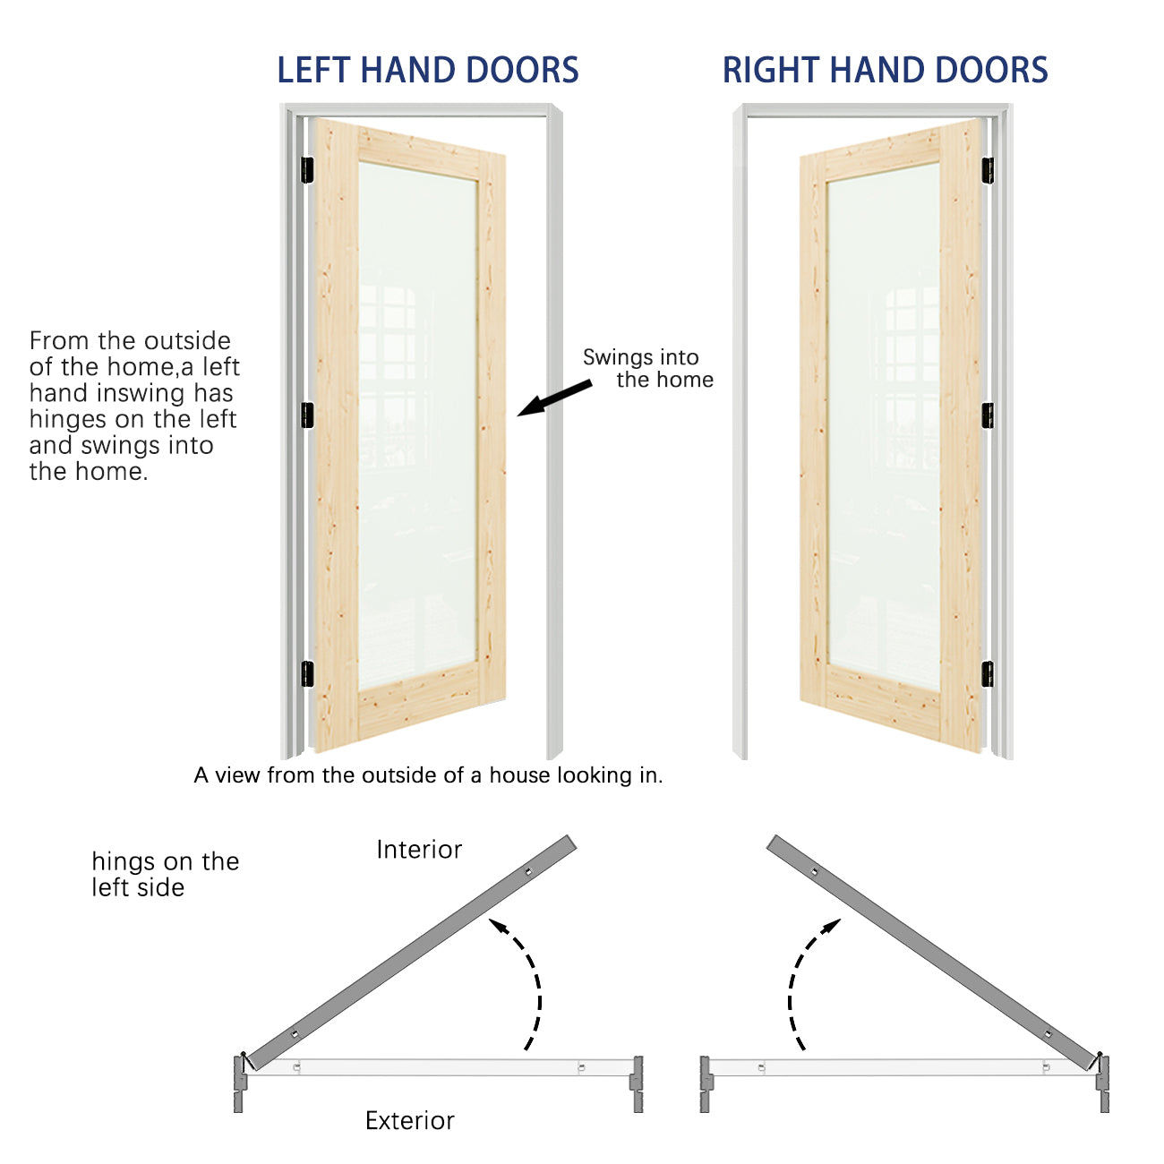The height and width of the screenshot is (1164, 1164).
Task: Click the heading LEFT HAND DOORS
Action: click(x=428, y=70)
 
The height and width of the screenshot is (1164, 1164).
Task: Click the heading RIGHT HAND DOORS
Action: click(x=885, y=70)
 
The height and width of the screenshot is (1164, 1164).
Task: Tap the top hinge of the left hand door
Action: click(x=307, y=170)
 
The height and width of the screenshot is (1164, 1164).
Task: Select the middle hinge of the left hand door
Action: click(x=307, y=415)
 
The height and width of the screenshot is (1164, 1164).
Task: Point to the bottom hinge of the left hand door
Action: click(x=307, y=674)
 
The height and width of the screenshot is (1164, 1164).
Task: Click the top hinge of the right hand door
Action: click(x=988, y=170)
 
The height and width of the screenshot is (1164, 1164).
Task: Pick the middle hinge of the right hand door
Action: click(x=988, y=415)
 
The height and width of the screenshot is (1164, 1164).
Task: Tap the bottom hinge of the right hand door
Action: click(x=988, y=674)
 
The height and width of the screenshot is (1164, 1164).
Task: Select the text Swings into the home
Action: click(x=647, y=369)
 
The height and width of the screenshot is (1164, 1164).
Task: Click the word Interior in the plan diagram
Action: click(x=419, y=850)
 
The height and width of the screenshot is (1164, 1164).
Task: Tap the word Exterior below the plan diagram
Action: click(x=409, y=1120)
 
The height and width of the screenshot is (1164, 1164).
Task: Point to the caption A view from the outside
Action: click(x=428, y=775)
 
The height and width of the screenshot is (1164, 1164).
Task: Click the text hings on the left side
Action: click(x=166, y=874)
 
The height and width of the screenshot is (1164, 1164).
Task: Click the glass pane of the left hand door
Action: click(x=417, y=426)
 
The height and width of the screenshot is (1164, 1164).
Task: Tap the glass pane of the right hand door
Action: click(x=884, y=426)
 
